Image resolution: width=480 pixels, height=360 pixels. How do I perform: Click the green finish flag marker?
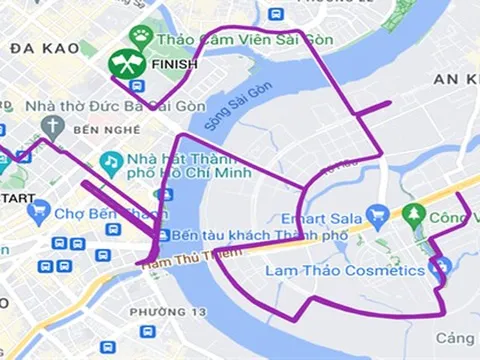pos(127,65)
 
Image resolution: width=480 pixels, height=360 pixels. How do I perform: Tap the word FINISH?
pos(173,65)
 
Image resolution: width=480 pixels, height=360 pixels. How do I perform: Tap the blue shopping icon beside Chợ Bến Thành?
pos(39,212)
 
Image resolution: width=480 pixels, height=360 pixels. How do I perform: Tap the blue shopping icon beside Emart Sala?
pos(377,214)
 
